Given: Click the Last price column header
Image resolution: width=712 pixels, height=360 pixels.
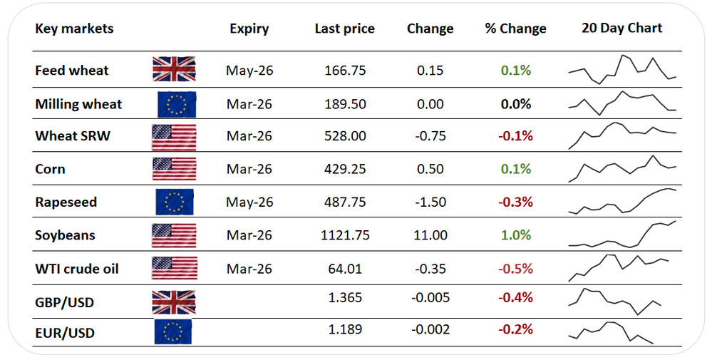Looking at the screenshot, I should pos(344,29).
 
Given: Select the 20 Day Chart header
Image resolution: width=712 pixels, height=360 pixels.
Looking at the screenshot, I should pos(621,29).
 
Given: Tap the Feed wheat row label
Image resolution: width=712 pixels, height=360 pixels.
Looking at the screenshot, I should pos(72,71).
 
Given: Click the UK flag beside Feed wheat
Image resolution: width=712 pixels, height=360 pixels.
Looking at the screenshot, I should pos(174,70).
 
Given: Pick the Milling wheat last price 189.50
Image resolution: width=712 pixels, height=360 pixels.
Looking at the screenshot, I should pos(346,104).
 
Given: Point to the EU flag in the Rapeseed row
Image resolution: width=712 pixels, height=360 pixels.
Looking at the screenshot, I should pos(175,202).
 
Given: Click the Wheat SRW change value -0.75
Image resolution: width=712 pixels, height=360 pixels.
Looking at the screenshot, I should pos(430,136).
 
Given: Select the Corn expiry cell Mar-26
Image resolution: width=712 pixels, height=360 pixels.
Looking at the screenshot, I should pos(249,170).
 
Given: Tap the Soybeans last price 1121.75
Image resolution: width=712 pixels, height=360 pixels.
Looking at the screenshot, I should pos(346,235).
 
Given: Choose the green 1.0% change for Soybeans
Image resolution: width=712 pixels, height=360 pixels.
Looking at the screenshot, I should pos(516,235).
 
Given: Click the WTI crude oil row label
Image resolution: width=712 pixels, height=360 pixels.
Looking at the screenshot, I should pos(77,269).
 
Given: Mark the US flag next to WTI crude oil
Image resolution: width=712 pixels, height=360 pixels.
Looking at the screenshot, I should pos(174,269).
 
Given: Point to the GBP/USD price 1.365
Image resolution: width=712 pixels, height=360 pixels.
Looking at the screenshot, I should pos(346,297).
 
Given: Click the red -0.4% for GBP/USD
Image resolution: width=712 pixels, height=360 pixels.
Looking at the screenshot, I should pos(516,297).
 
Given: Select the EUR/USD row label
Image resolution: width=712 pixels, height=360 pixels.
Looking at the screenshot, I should pos(65,333).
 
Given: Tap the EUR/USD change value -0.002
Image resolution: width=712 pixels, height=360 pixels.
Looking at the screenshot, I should pos(430,329).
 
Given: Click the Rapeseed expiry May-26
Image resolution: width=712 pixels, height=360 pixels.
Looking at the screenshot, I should pos(249,202).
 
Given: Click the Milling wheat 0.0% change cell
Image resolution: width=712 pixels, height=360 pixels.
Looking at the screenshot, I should pos(516,104).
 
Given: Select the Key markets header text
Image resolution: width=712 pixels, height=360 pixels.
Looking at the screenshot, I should pos(74,29).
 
